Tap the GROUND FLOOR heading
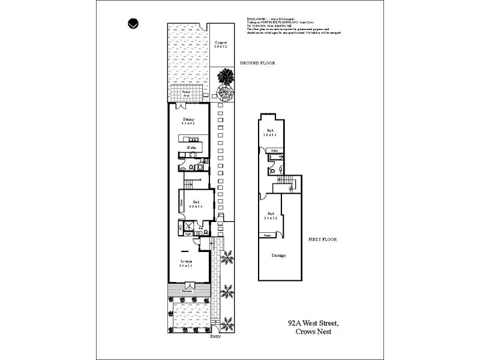click(x=257, y=63)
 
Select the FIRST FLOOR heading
click(x=323, y=239)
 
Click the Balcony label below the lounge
click(x=188, y=290)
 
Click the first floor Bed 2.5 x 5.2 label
click(x=271, y=215)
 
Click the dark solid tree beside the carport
click(x=226, y=76)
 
